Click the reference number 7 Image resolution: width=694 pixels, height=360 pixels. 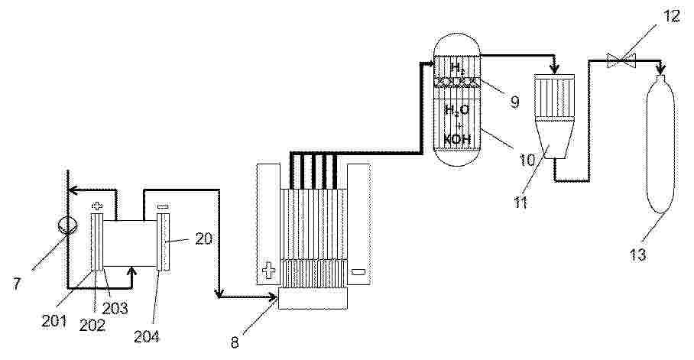pos(16,284)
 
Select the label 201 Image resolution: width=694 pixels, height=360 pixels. pos(54,320)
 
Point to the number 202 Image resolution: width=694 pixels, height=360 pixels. pos(92,325)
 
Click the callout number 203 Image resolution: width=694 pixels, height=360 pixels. pos(115,308)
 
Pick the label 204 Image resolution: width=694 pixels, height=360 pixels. pos(147,336)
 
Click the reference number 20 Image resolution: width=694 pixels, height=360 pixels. pos(203,239)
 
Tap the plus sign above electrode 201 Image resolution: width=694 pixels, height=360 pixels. pos(97,206)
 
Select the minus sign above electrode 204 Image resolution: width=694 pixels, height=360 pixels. pos(164,206)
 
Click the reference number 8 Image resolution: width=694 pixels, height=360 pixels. pos(235,342)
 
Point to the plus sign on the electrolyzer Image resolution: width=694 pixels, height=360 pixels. pos(268,271)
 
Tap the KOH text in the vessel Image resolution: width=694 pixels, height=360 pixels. pos(456,140)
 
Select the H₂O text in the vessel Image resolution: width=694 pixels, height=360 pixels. pos(457,109)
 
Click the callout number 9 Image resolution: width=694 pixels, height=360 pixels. pos(514,102)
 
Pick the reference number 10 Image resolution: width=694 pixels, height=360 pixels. pos(527,160)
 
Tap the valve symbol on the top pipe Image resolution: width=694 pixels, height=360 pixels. pos(620,60)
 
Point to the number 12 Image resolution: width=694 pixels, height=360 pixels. pos(671,16)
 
